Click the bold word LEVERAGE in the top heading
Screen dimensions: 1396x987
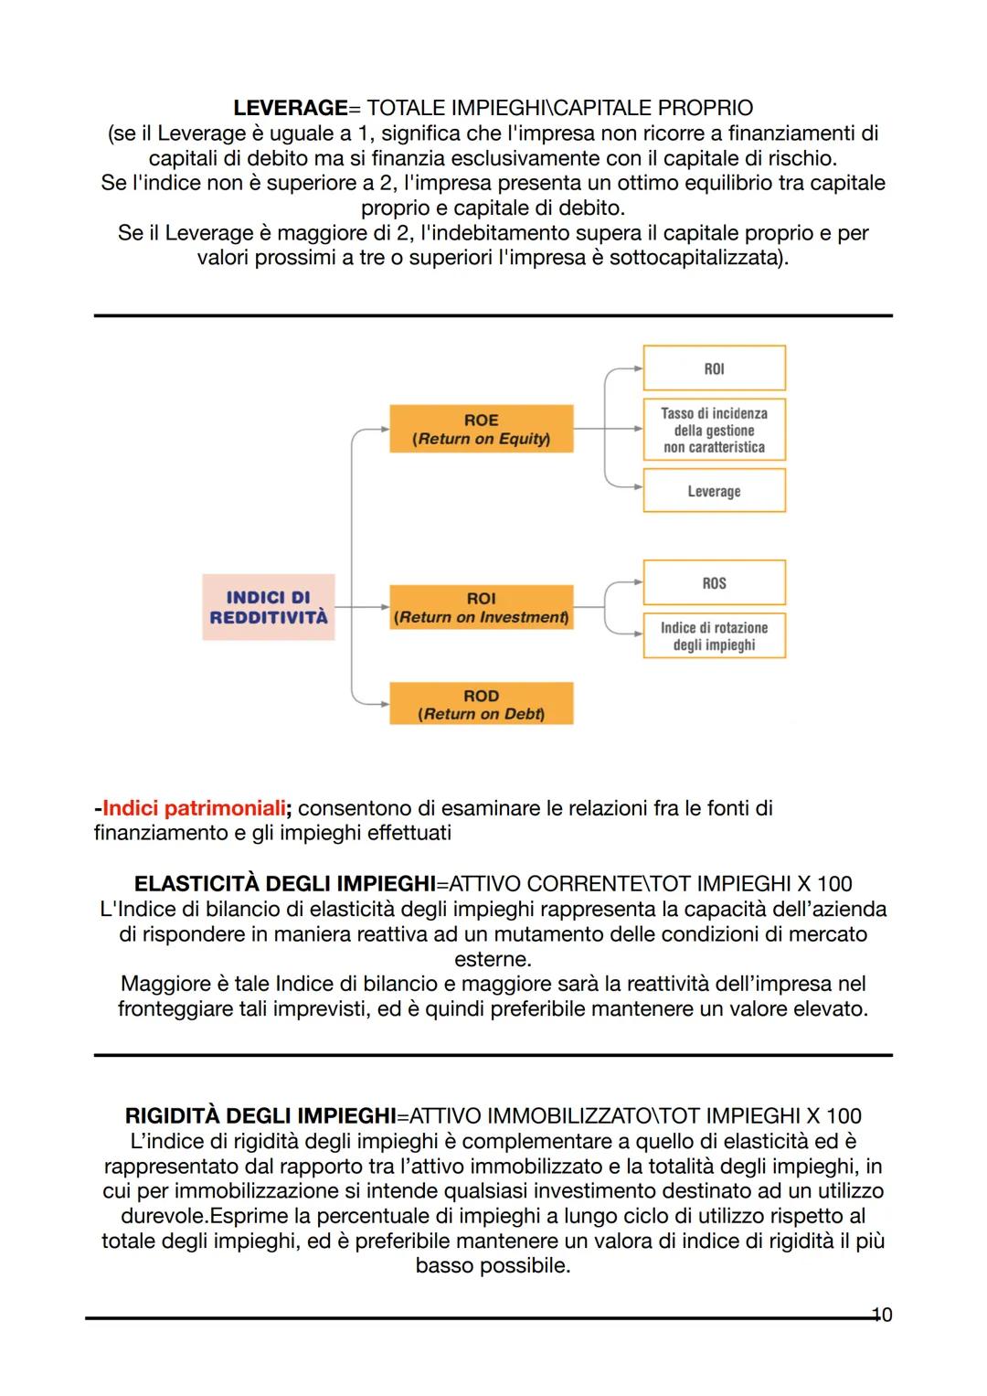point(291,108)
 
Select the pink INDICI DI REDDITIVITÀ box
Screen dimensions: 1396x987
point(269,607)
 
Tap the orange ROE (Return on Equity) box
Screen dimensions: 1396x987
point(482,429)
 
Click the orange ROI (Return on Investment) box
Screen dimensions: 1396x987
point(482,607)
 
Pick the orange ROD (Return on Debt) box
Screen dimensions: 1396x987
point(482,704)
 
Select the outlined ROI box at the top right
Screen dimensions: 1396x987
point(714,368)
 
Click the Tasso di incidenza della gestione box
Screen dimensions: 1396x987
point(714,430)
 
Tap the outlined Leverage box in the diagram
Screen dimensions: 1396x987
point(714,491)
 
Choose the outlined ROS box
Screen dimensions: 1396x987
point(714,583)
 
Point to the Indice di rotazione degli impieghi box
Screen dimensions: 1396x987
point(714,635)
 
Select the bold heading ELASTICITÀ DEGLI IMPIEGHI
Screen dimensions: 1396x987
point(284,884)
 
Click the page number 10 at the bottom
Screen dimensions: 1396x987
point(882,1315)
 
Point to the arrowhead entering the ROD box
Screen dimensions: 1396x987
point(384,704)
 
